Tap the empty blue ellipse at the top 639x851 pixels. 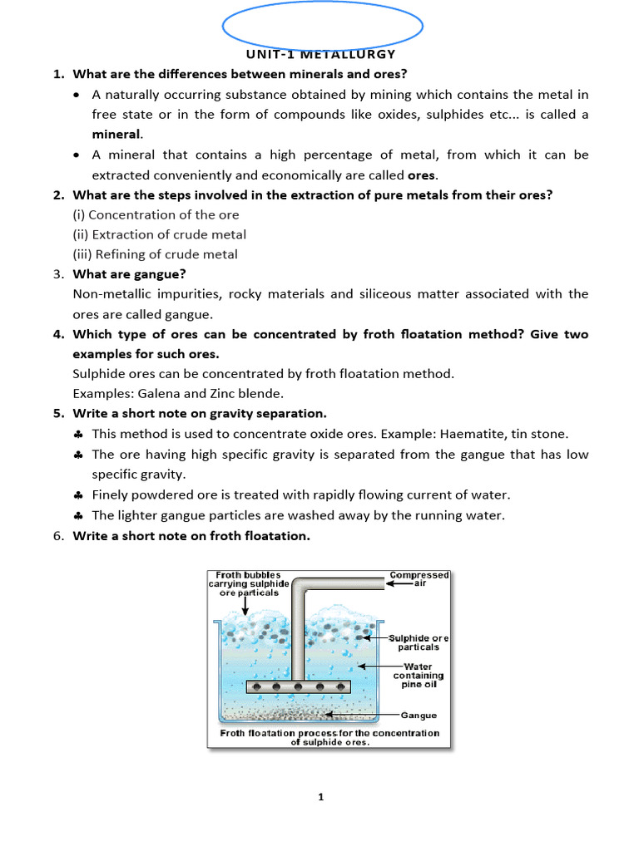pyautogui.click(x=324, y=25)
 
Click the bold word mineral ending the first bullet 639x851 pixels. pyautogui.click(x=116, y=134)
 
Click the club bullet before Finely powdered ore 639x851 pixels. pyautogui.click(x=77, y=494)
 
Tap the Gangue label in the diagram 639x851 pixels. pyautogui.click(x=419, y=715)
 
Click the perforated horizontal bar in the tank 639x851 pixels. pyautogui.click(x=299, y=687)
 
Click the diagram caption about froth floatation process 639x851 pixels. pyautogui.click(x=329, y=737)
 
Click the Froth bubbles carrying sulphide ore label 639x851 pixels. pyautogui.click(x=252, y=583)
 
